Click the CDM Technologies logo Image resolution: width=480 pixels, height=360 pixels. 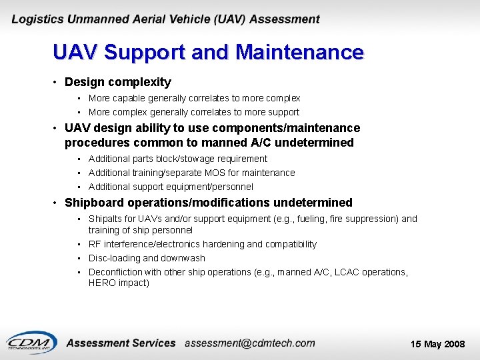[x=30, y=342]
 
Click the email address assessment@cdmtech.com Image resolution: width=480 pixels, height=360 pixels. [x=249, y=343]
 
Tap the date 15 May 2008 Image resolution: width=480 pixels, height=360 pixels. [x=437, y=344]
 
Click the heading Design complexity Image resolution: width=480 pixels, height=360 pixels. [x=117, y=82]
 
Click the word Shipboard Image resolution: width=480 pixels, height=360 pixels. [x=95, y=203]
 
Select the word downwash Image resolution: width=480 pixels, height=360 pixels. [x=183, y=258]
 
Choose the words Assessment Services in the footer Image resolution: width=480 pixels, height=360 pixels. [x=121, y=343]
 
